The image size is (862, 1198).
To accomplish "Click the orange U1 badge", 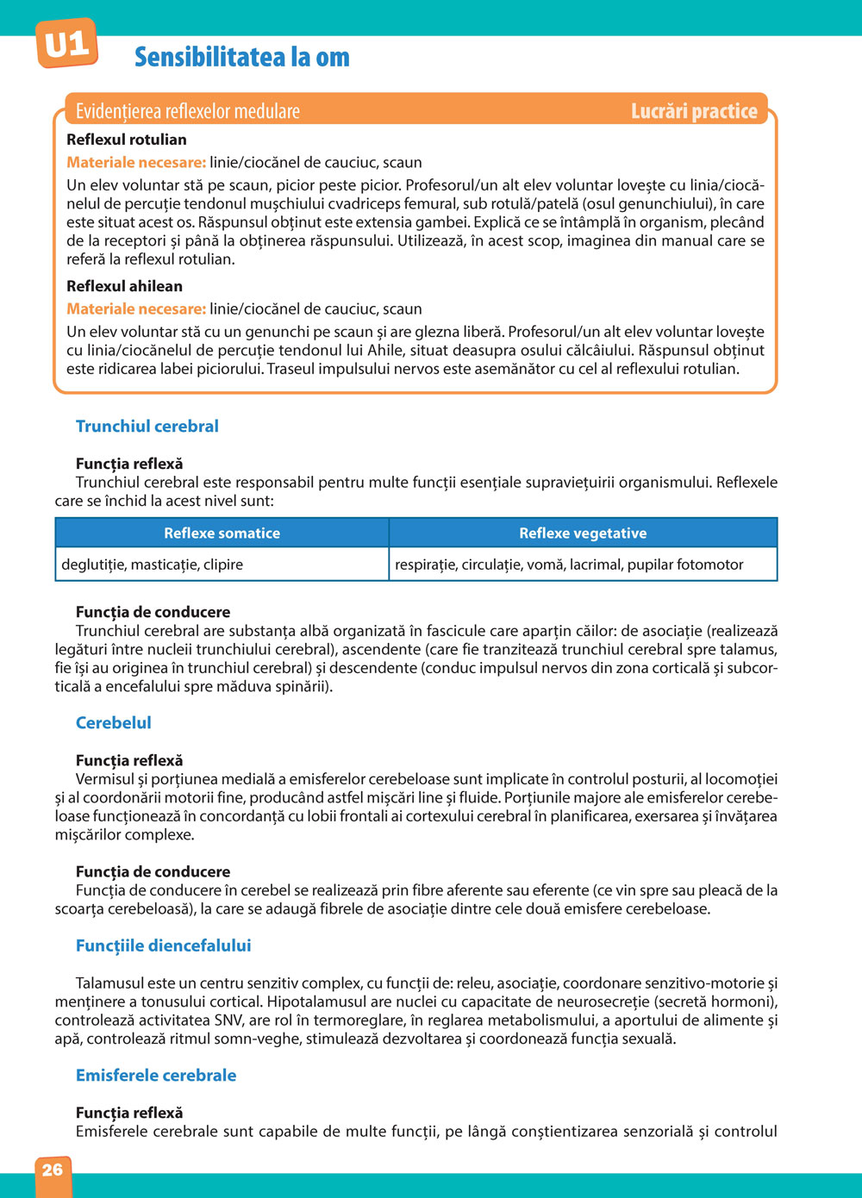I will click(66, 45).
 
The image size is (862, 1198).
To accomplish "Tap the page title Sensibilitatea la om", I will click(242, 58).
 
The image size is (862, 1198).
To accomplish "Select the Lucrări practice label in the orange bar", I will click(694, 111).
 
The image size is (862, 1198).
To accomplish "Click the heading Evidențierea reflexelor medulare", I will click(188, 111).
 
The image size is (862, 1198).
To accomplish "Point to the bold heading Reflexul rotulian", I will click(127, 140).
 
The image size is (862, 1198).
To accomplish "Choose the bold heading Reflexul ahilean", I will click(125, 286).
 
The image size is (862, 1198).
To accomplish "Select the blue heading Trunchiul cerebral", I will click(147, 427).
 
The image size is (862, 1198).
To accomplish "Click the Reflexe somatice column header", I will click(222, 533).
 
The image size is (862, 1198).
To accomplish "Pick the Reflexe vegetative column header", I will click(583, 533).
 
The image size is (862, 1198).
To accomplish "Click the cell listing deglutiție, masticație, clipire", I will click(153, 565).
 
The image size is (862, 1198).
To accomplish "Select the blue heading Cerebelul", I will click(114, 723).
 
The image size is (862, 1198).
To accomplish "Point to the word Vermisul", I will click(105, 779).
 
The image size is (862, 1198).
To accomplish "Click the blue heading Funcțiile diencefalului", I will click(164, 945).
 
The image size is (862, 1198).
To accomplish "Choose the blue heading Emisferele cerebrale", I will click(156, 1076).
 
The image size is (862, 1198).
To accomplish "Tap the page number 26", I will click(53, 1170).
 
